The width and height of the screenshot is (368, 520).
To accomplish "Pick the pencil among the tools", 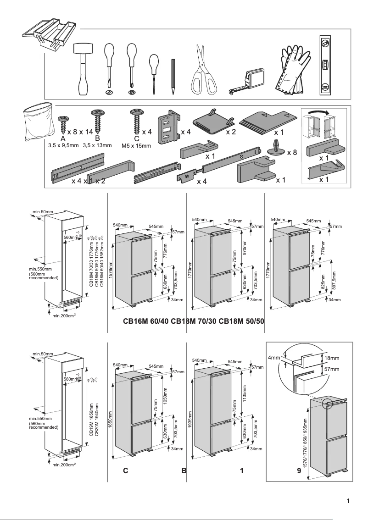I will [x=173, y=76].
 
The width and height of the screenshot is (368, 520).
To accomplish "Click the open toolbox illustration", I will [x=48, y=34].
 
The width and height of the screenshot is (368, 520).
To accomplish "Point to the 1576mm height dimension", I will [x=111, y=270].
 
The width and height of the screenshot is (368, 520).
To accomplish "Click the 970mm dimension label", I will [x=245, y=248].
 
